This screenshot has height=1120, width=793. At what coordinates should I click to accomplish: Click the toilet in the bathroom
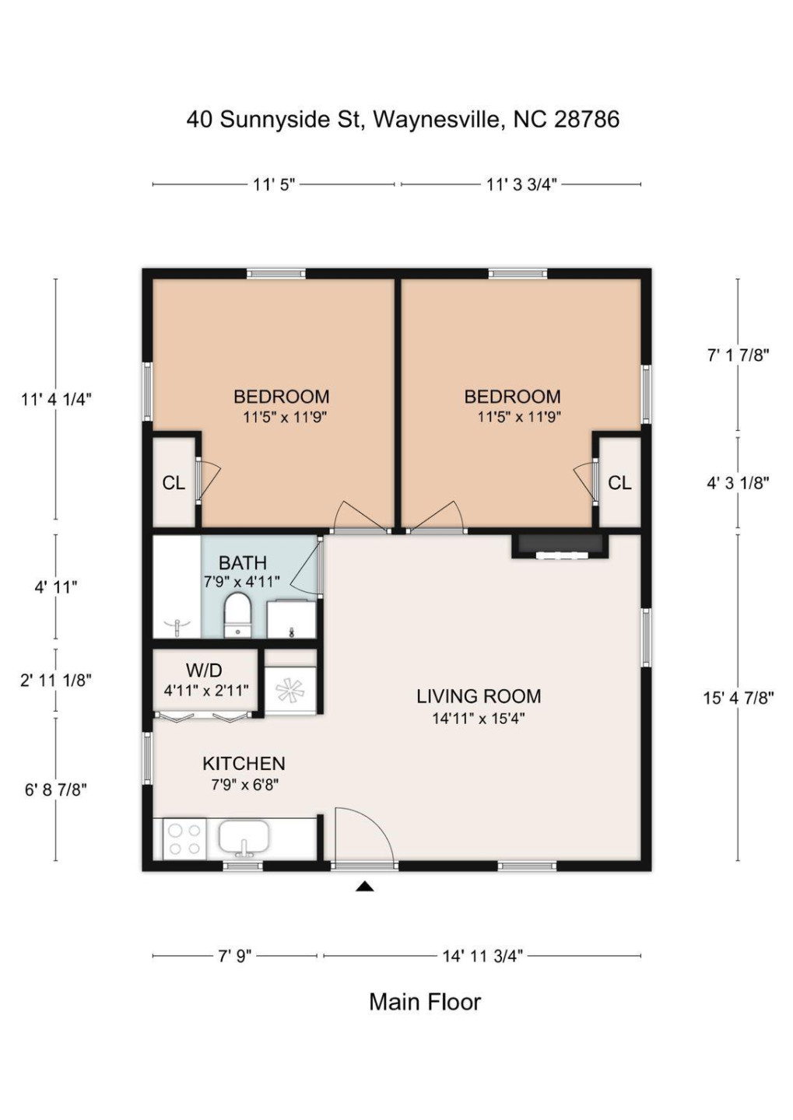tap(237, 614)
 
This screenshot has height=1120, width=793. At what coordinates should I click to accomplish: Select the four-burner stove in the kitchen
tap(184, 839)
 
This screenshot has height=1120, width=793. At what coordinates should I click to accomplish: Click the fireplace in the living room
tap(560, 546)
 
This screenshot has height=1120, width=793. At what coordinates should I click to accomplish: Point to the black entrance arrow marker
tap(365, 887)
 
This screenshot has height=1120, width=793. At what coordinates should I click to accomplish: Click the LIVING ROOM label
tap(479, 696)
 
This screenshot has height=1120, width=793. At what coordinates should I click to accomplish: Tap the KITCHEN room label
tap(244, 764)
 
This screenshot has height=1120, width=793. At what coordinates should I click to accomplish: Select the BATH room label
tap(243, 563)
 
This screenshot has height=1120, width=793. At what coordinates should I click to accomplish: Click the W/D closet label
tap(204, 670)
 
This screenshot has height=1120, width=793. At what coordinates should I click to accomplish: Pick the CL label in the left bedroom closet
tap(174, 483)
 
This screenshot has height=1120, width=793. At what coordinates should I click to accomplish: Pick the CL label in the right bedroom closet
tap(619, 482)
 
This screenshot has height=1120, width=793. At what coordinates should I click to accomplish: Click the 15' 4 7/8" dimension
tap(739, 698)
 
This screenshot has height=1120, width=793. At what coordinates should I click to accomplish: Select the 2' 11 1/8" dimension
tap(55, 681)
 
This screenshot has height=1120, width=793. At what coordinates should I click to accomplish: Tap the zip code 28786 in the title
tap(586, 119)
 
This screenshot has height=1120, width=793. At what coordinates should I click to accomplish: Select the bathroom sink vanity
tap(291, 619)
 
